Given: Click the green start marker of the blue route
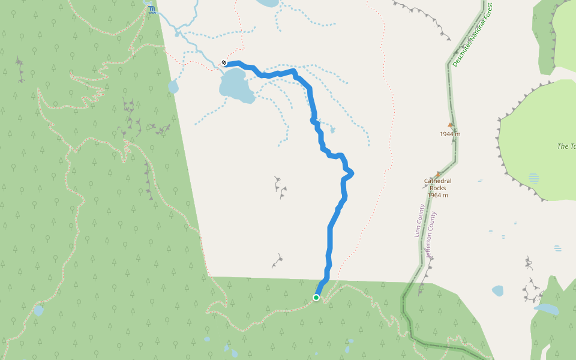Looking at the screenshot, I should click(x=316, y=298).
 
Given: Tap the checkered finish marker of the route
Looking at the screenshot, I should click(x=224, y=62).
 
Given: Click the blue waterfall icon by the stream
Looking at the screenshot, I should click(x=152, y=10).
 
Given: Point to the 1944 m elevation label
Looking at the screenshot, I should click(x=450, y=134).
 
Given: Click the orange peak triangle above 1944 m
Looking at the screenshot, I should click(x=450, y=125).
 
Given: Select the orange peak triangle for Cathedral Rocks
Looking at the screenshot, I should click(x=438, y=174).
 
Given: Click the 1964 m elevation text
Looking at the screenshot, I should click(x=438, y=195).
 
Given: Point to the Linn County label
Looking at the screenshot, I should click(x=420, y=221).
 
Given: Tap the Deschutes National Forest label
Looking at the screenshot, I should click(x=472, y=35).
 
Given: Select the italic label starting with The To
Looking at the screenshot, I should click(x=566, y=146).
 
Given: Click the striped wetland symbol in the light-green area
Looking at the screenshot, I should click(x=534, y=177).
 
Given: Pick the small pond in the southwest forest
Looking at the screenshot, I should click(x=38, y=311).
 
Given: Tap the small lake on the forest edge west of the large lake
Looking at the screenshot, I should click(x=173, y=87).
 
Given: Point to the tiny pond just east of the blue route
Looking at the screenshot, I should click(x=332, y=130).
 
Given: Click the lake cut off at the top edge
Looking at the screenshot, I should click(x=267, y=2).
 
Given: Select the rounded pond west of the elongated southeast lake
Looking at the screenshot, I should click(x=497, y=291).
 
